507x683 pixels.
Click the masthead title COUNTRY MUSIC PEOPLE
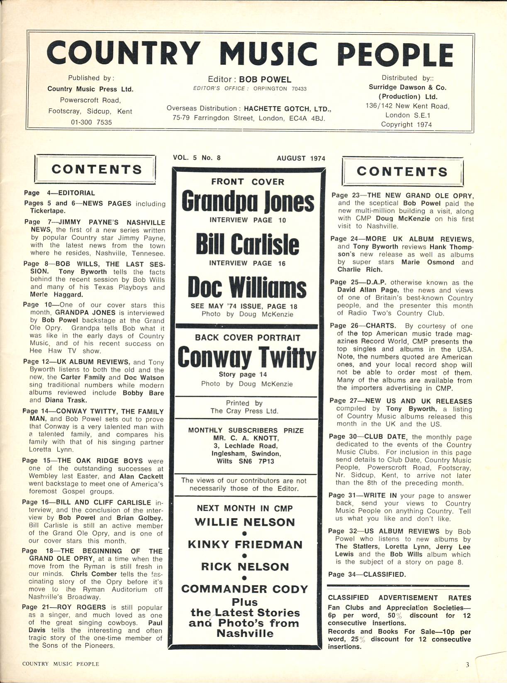pyautogui.click(x=250, y=54)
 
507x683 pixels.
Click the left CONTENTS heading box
pyautogui.click(x=96, y=169)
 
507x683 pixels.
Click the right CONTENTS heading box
pyautogui.click(x=402, y=171)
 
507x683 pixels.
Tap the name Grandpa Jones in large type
pyautogui.click(x=248, y=202)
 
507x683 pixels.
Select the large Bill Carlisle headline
pyautogui.click(x=247, y=244)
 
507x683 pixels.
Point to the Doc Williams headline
pyautogui.click(x=247, y=287)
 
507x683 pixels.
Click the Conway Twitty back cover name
pyautogui.click(x=247, y=357)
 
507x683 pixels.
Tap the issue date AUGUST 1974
pyautogui.click(x=301, y=158)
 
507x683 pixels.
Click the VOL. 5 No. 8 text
pyautogui.click(x=197, y=158)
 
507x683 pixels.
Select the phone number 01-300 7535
pyautogui.click(x=91, y=122)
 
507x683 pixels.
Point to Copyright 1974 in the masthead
pyautogui.click(x=406, y=124)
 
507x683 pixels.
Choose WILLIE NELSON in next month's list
pyautogui.click(x=245, y=522)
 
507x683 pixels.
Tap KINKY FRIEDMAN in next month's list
pyautogui.click(x=245, y=544)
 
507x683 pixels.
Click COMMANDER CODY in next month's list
pyautogui.click(x=245, y=589)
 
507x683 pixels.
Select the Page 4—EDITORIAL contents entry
pyautogui.click(x=59, y=193)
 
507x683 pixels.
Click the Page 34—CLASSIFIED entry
pyautogui.click(x=367, y=574)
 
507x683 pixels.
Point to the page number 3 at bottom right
pyautogui.click(x=467, y=665)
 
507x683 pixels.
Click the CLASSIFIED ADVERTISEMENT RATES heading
pyautogui.click(x=399, y=598)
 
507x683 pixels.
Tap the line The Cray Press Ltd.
pyautogui.click(x=244, y=411)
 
